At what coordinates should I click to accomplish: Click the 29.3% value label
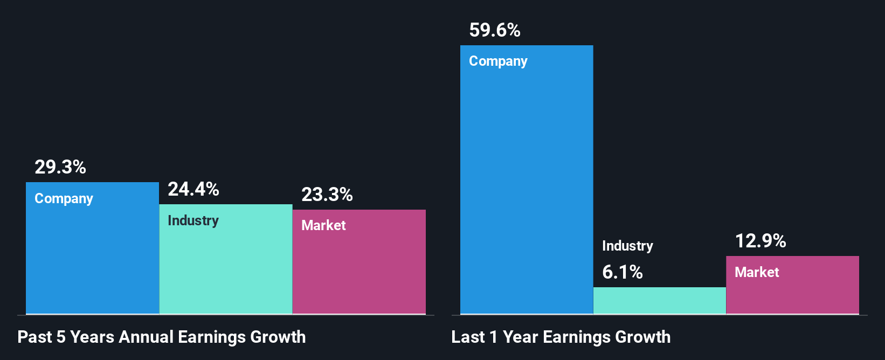60,167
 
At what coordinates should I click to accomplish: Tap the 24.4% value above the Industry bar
193,189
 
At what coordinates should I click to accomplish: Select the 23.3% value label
327,195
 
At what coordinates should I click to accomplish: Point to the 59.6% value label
495,30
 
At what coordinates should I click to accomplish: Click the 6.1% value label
623,272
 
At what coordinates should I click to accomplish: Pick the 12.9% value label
760,241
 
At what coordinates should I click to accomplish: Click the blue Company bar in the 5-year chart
93,259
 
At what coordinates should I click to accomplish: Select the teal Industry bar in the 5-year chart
226,269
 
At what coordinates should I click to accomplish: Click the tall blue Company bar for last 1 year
527,189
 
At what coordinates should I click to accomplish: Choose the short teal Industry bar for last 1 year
660,301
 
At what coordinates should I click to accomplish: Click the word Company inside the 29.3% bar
64,199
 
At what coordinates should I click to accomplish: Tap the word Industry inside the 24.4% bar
193,221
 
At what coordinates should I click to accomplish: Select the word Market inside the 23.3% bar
323,226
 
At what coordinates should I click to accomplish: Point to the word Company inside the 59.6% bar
498,61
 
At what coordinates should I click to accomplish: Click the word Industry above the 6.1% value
627,246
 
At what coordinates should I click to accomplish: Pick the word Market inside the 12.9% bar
757,273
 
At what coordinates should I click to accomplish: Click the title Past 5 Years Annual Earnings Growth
162,337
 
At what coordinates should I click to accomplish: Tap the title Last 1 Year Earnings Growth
561,337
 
